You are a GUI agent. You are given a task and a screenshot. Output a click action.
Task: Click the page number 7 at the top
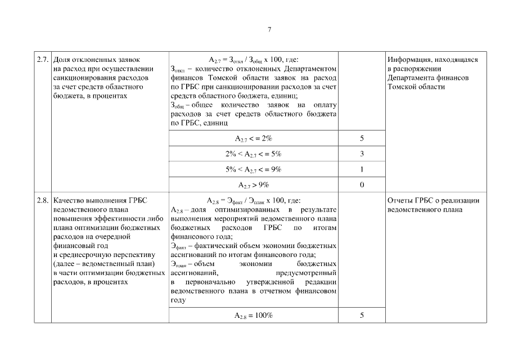[269, 29]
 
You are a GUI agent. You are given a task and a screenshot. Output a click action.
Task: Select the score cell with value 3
[362, 154]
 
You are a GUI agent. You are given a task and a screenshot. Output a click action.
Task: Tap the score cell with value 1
[362, 169]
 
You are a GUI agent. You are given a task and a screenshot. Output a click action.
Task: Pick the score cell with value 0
[362, 184]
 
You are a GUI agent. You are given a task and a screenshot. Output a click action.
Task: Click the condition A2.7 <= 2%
[253, 138]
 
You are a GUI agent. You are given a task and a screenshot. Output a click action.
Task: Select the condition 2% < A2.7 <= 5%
[253, 154]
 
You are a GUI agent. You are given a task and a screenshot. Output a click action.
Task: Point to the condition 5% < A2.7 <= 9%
[253, 169]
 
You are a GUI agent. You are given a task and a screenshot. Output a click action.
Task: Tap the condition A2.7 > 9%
[253, 184]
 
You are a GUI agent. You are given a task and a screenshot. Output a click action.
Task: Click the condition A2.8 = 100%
[253, 316]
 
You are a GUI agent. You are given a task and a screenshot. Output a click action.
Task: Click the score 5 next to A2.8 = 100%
[362, 316]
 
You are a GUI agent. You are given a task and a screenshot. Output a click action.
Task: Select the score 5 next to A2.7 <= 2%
[362, 138]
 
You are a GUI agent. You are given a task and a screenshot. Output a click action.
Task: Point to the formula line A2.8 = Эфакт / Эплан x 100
[253, 201]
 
